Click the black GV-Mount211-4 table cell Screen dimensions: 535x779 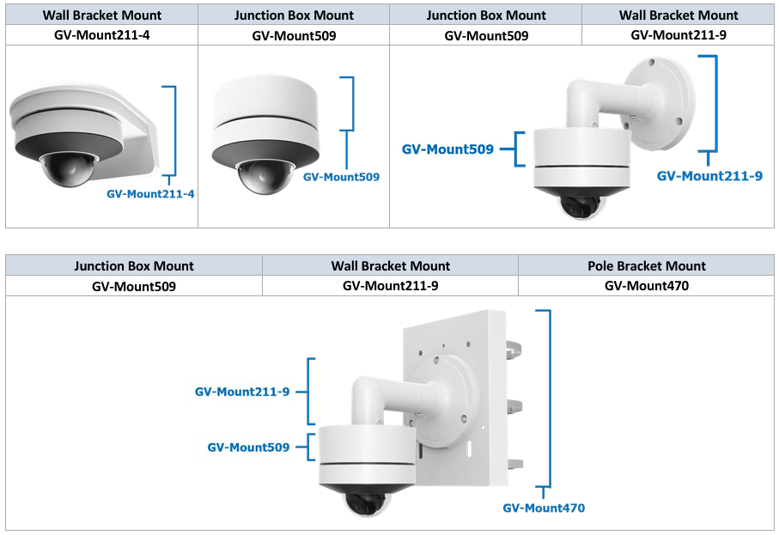click(101, 35)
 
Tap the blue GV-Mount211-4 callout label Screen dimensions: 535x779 click(150, 194)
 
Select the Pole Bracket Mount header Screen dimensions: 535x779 click(646, 266)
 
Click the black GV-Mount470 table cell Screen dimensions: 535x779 click(646, 286)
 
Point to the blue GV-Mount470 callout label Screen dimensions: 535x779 click(544, 508)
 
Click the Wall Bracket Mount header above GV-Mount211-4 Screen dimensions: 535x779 click(101, 15)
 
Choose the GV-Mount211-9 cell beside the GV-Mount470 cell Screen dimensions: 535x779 click(390, 286)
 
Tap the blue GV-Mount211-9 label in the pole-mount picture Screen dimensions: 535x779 click(241, 392)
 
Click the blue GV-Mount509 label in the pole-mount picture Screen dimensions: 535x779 click(248, 447)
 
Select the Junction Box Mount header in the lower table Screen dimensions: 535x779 click(134, 266)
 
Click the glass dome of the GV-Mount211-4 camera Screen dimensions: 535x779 click(64, 172)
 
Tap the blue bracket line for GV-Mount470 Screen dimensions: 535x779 click(548, 404)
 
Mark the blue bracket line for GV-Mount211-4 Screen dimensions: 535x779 click(174, 133)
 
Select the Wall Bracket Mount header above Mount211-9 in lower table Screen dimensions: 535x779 click(390, 266)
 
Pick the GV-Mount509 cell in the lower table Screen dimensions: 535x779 click(134, 286)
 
